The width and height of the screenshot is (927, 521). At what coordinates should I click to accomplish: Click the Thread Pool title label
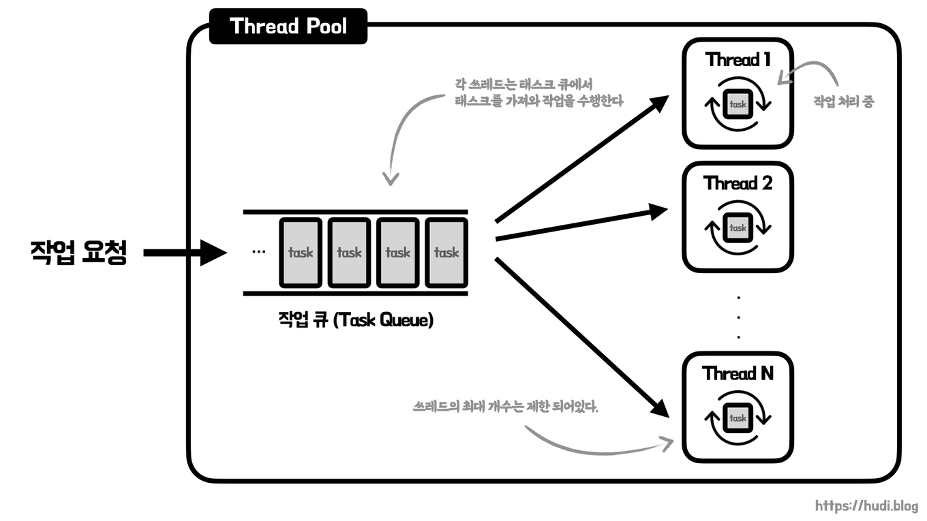point(288,27)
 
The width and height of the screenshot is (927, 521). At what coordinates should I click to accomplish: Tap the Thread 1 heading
point(738,60)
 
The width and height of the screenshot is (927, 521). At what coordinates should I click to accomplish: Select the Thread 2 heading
point(738,183)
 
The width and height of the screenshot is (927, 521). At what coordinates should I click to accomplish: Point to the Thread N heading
point(738,373)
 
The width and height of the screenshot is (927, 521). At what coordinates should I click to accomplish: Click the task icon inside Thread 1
point(738,105)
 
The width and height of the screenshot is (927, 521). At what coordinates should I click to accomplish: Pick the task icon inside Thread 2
point(738,227)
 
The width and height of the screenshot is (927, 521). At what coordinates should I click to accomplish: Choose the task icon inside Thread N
point(738,418)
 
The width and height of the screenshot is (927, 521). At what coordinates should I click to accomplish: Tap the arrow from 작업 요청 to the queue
point(184,253)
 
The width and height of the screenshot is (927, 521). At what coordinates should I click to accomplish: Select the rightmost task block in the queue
point(446,253)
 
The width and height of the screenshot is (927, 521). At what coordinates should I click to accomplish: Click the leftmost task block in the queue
point(300,253)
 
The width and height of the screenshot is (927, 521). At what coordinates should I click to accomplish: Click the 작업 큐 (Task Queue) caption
point(355,319)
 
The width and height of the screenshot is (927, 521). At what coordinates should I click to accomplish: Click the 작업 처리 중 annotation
point(843,102)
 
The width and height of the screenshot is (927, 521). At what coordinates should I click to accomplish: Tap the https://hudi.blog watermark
point(866,506)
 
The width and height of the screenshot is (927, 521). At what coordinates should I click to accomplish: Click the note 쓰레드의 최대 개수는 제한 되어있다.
point(505,407)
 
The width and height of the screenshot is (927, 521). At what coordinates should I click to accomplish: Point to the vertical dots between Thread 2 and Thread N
point(739,317)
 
